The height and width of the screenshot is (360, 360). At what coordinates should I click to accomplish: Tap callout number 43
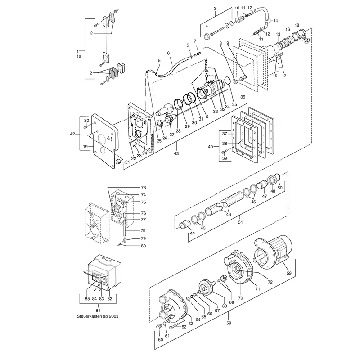tap(176, 153)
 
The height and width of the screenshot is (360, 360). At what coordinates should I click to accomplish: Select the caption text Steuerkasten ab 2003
tap(98, 316)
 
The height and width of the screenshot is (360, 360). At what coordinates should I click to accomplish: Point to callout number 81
tap(98, 310)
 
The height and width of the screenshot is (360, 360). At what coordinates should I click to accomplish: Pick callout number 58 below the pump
tap(229, 323)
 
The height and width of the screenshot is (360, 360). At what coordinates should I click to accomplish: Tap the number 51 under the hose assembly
tap(240, 222)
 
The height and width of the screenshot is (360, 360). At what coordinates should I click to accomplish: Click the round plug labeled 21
tap(118, 162)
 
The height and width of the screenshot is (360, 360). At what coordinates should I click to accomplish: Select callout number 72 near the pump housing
tap(270, 282)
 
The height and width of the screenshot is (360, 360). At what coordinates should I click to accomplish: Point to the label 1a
tap(79, 56)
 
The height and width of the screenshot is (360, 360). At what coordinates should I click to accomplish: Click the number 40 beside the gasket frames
tap(211, 147)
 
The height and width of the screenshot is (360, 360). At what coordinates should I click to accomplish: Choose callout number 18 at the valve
tap(297, 25)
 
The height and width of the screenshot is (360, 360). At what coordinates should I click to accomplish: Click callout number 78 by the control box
tap(143, 230)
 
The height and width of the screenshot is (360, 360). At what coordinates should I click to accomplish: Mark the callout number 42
tap(72, 134)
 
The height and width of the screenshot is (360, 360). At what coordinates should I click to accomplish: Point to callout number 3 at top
tap(215, 9)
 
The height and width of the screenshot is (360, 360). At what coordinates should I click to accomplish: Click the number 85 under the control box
tap(87, 299)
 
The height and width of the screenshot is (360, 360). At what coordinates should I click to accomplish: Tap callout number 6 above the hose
tap(168, 53)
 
